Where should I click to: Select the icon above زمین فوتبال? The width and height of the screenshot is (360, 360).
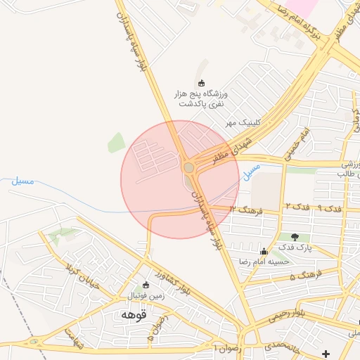point(146,285)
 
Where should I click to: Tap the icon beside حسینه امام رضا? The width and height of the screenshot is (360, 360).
point(264,251)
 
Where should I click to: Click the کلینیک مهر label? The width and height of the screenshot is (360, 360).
point(243,122)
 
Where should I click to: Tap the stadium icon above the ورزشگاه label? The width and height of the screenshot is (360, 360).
point(202,83)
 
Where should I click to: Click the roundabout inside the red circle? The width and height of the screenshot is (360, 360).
point(188,167)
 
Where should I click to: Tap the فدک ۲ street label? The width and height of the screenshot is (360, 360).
point(296,205)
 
